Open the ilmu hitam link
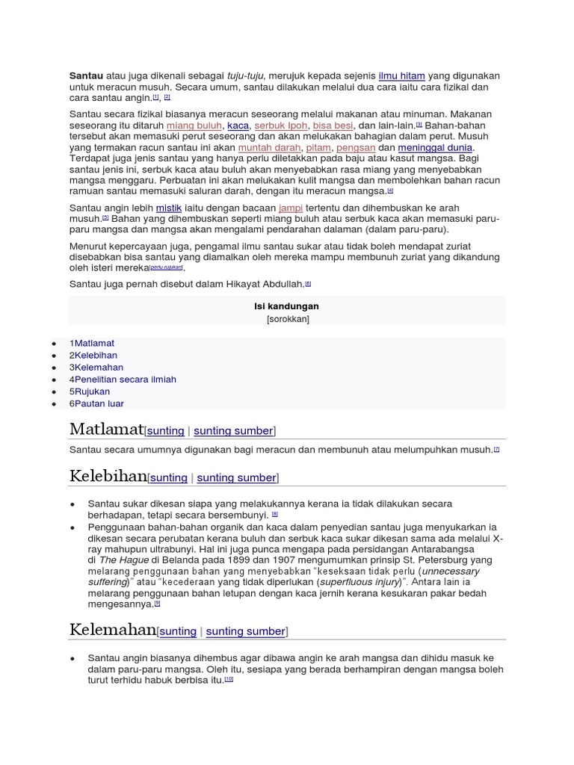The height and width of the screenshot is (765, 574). coord(402,76)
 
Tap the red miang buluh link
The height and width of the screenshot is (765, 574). coord(194,126)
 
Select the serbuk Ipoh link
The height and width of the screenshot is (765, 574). coord(280,126)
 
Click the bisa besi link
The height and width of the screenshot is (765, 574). coord(333,126)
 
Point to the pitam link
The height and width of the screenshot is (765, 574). coord(318,148)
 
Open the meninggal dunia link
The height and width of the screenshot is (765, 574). coord(436,148)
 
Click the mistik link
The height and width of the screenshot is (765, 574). coord(169,208)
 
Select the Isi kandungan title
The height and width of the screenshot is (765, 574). coord(287,306)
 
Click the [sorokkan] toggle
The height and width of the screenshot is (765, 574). coord(287,319)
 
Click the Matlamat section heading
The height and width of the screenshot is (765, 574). coord(106,430)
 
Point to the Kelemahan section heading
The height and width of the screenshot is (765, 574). coord(113,630)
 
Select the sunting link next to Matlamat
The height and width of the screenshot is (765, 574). coord(165,431)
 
